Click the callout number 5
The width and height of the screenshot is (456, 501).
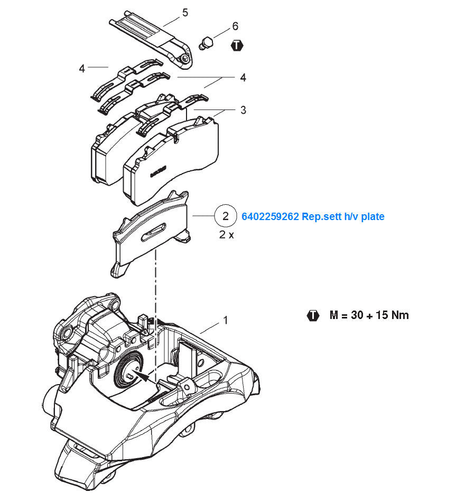pos(185,13)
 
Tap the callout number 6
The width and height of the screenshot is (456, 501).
pos(235,26)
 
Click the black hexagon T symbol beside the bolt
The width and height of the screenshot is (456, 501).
pos(237,45)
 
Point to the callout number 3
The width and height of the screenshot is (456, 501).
pos(243,110)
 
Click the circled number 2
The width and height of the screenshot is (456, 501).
pos(225,216)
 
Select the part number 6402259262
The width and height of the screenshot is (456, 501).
pos(270,216)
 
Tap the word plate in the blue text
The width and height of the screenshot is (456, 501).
pos(373,216)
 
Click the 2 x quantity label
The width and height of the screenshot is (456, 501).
pos(227,235)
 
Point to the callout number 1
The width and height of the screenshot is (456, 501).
pos(226,320)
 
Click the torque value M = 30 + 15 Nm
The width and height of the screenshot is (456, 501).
pos(369,315)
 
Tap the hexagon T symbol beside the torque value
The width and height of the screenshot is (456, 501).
pos(313,315)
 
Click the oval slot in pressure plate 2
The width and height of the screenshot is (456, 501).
pos(154,232)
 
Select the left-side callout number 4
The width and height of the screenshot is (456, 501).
pos(82,69)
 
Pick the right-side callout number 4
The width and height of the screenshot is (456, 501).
pos(243,78)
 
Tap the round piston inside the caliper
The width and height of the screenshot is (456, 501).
pos(129,370)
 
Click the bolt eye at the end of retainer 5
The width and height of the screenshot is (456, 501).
pos(185,58)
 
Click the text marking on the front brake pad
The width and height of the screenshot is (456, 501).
pos(159,171)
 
